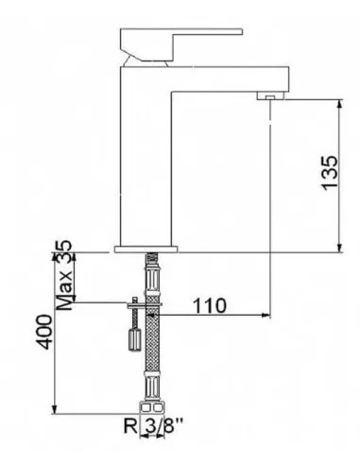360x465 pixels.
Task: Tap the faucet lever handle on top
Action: coord(180,43)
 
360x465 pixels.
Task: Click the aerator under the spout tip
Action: coord(269,96)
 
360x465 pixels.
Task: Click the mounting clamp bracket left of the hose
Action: coord(136,304)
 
